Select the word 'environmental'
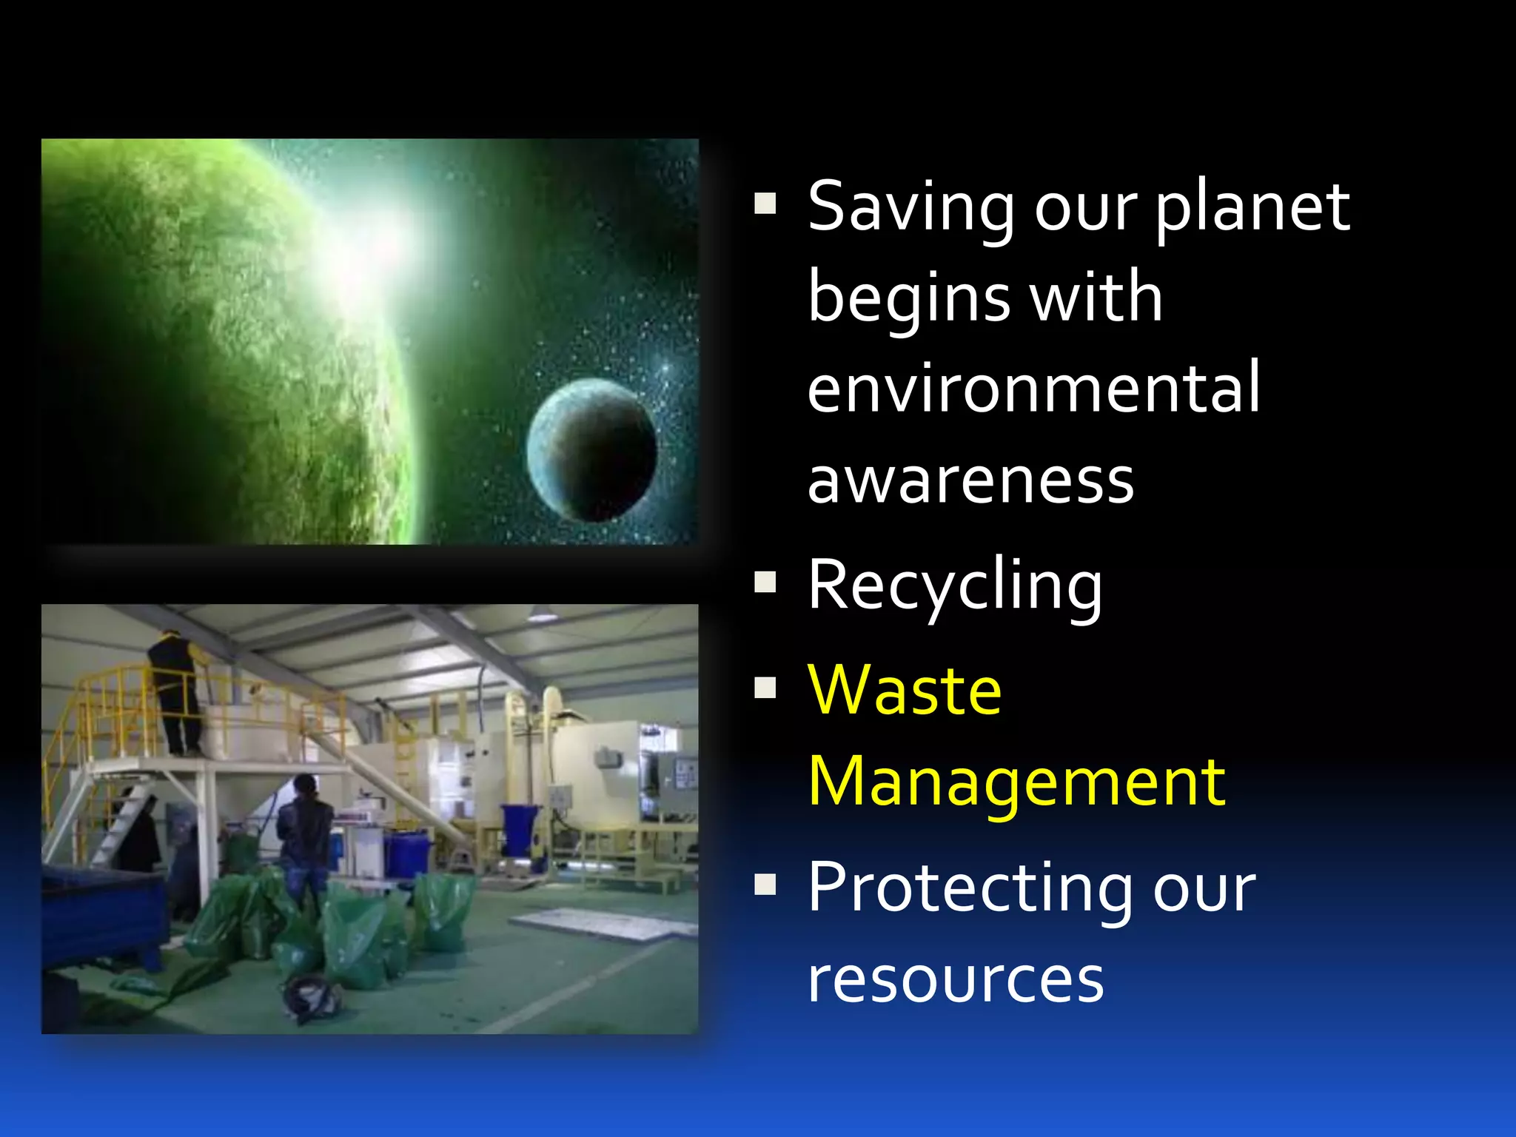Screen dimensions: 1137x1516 coord(1033,388)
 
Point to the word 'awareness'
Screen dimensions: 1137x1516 coord(970,480)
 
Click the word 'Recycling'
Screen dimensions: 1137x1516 coord(955,586)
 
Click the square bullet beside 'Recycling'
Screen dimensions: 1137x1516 coord(765,583)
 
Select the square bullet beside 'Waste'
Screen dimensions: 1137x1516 coord(765,688)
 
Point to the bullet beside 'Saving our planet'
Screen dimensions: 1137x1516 coord(765,203)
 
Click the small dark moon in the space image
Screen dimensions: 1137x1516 coord(591,450)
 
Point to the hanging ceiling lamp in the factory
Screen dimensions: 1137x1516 coord(543,614)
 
